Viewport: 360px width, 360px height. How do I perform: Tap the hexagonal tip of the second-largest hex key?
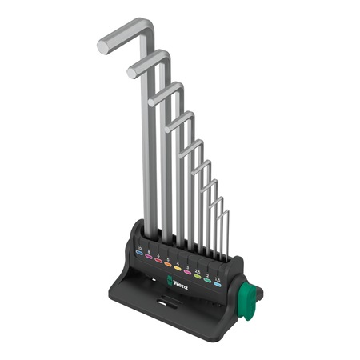[132, 73]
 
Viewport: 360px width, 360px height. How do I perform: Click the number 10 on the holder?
[139, 248]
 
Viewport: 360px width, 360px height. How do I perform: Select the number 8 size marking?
[149, 252]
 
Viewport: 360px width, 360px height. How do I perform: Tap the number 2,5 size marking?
[196, 270]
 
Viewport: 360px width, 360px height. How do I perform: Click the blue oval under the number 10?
[139, 253]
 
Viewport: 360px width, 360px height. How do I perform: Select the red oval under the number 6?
[158, 260]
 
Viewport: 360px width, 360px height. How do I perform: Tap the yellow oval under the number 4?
[178, 268]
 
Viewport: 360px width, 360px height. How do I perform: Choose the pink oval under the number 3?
[187, 272]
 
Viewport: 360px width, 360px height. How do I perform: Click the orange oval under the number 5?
[168, 264]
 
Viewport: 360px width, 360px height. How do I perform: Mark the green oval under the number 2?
[207, 280]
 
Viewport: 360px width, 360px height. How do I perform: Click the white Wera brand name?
[182, 283]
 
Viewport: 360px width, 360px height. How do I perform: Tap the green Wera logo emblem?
[169, 279]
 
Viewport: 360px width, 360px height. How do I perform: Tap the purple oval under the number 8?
[149, 257]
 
